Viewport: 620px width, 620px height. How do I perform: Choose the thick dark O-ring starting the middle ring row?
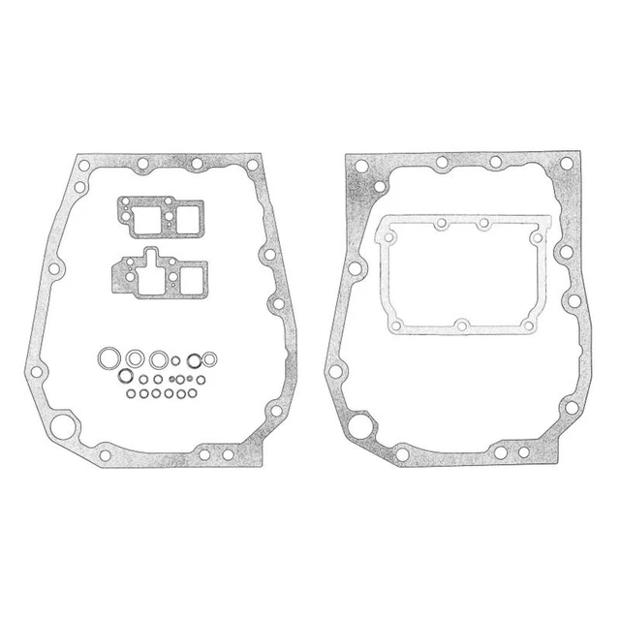point(125,376)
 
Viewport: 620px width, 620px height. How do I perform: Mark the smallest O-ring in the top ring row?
point(176,360)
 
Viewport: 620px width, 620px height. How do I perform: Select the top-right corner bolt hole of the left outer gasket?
point(254,166)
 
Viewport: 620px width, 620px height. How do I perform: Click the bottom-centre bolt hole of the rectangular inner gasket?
point(463,324)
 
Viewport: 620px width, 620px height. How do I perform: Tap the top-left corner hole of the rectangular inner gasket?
point(387,233)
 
